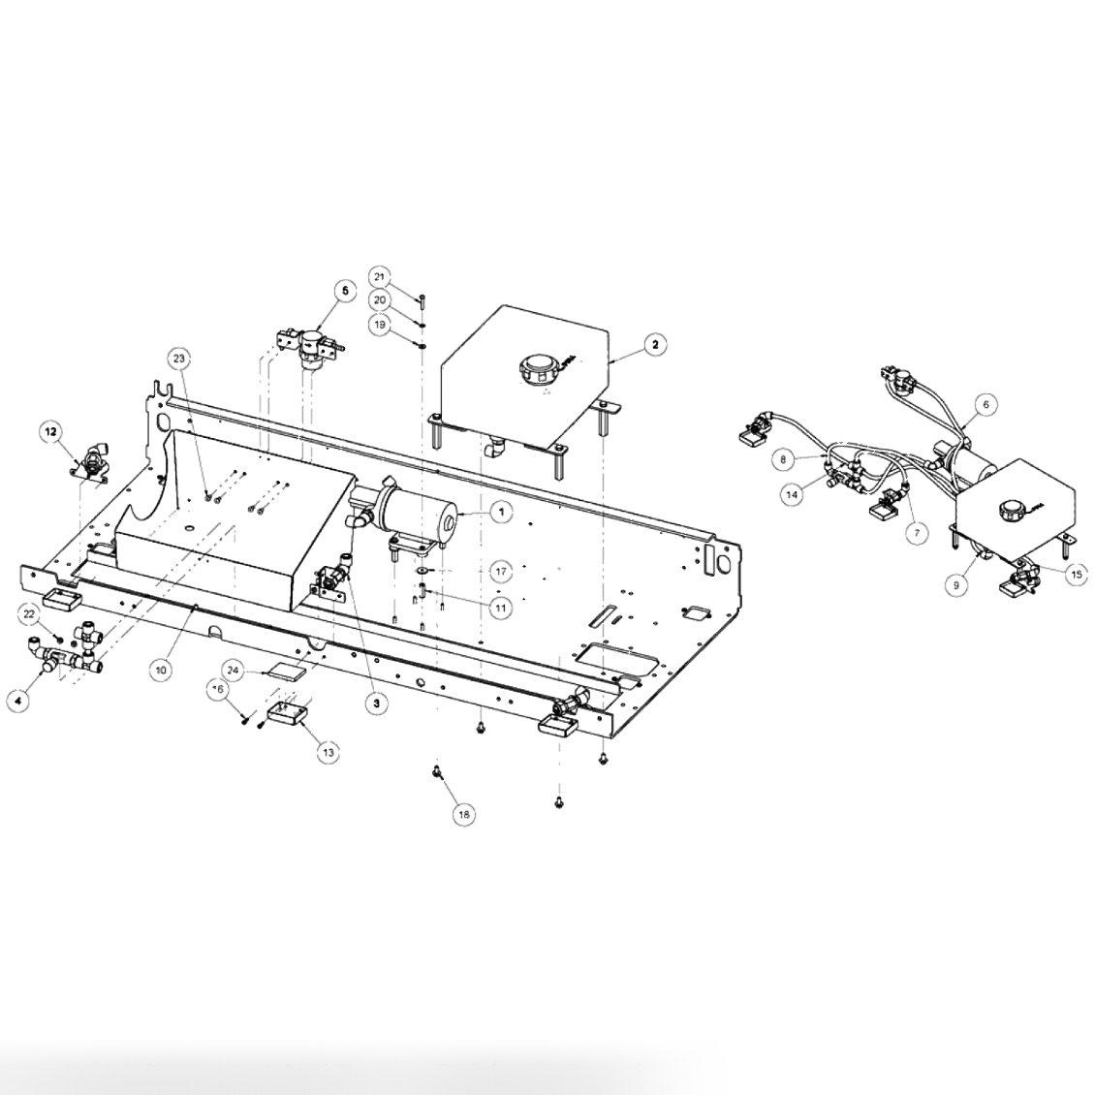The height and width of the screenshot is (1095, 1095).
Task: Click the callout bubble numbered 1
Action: pyautogui.click(x=500, y=513)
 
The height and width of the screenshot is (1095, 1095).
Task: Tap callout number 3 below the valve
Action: pyautogui.click(x=376, y=704)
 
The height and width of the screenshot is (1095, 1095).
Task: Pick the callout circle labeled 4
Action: pyautogui.click(x=16, y=699)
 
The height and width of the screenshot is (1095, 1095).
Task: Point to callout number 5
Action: pyautogui.click(x=343, y=289)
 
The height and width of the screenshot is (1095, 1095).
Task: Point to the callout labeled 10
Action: pyautogui.click(x=163, y=669)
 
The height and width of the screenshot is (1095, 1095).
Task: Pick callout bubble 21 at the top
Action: pyautogui.click(x=380, y=275)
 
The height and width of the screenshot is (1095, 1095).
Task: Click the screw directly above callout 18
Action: pyautogui.click(x=437, y=771)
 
